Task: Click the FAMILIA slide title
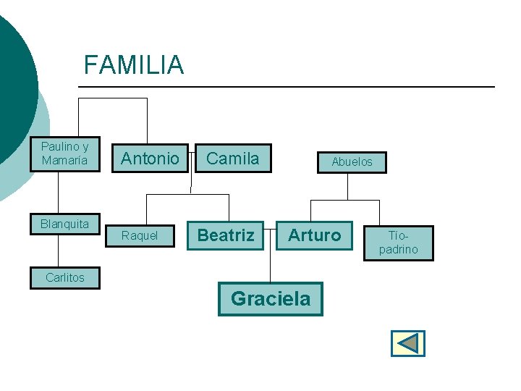click(x=134, y=65)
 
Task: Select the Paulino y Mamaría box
click(x=64, y=154)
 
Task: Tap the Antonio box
click(x=150, y=159)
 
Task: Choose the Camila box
click(x=232, y=159)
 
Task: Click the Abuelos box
click(x=352, y=162)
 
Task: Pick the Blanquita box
click(x=64, y=224)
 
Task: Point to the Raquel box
click(x=140, y=236)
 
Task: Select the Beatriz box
click(x=226, y=235)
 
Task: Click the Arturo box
click(x=314, y=235)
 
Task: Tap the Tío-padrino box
click(x=403, y=243)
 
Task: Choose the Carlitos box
click(x=64, y=277)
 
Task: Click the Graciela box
click(x=270, y=298)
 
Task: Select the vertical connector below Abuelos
click(x=348, y=185)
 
